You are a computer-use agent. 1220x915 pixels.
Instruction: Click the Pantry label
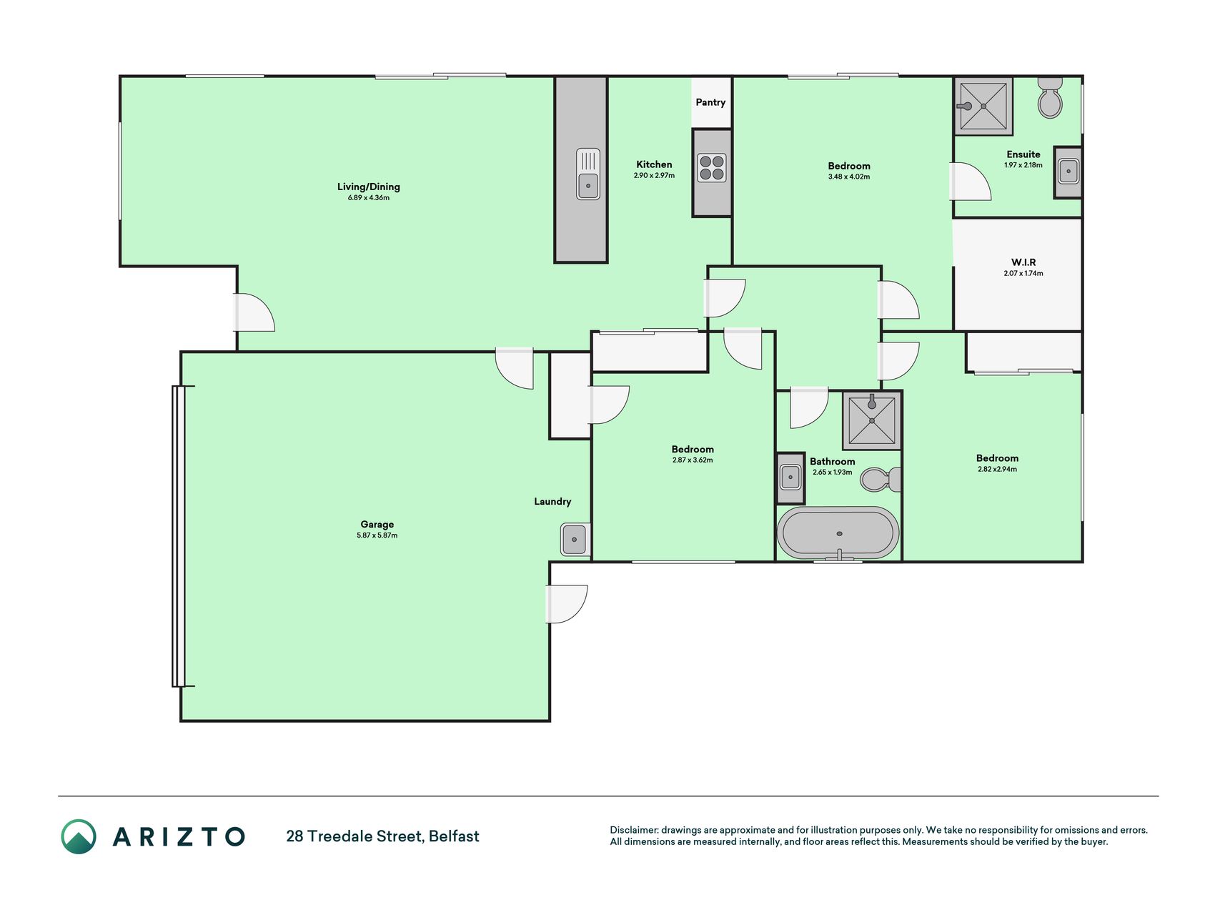pos(710,102)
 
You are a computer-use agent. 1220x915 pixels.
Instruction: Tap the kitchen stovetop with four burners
pos(712,168)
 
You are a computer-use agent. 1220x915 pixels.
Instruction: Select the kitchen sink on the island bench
pos(588,174)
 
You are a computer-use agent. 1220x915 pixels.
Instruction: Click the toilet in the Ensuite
pos(1050,98)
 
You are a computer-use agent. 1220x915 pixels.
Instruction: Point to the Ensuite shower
pos(983,107)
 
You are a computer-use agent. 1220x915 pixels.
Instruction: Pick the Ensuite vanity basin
pos(1068,172)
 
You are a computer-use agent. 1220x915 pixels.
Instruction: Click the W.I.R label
pos(1023,262)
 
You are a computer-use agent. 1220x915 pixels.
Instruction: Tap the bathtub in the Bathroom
pos(838,533)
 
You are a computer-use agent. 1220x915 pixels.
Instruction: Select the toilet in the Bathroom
pos(881,479)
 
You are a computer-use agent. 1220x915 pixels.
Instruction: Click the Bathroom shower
pos(872,420)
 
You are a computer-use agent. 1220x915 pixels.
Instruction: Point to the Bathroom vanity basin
pos(790,478)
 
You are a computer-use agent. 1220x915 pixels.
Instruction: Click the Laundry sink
pos(575,540)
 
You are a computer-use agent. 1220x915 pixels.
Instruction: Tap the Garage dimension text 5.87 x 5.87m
pos(377,535)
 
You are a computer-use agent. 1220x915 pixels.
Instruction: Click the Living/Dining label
pos(369,187)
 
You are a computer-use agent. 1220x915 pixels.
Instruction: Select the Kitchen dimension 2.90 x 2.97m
pos(654,176)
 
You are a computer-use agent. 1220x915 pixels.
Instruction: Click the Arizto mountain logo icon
pos(79,836)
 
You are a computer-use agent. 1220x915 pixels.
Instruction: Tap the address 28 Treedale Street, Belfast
pos(383,836)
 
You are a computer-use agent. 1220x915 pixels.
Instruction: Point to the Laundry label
pos(552,502)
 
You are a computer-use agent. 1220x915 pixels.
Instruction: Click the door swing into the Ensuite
pos(971,182)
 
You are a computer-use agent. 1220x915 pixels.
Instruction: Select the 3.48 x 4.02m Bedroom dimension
pos(849,177)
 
